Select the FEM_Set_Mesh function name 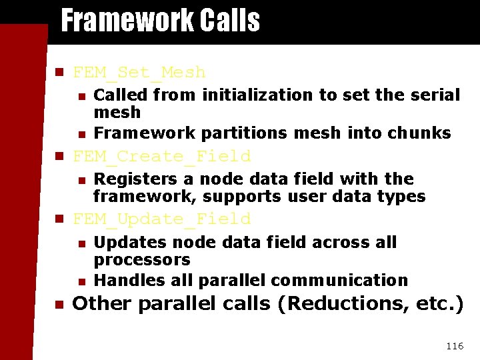point(139,72)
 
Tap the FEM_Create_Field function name point(161,157)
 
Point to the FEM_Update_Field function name point(161,219)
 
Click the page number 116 point(454,346)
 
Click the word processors point(142,259)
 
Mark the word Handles point(123,281)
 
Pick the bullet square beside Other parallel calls point(58,304)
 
